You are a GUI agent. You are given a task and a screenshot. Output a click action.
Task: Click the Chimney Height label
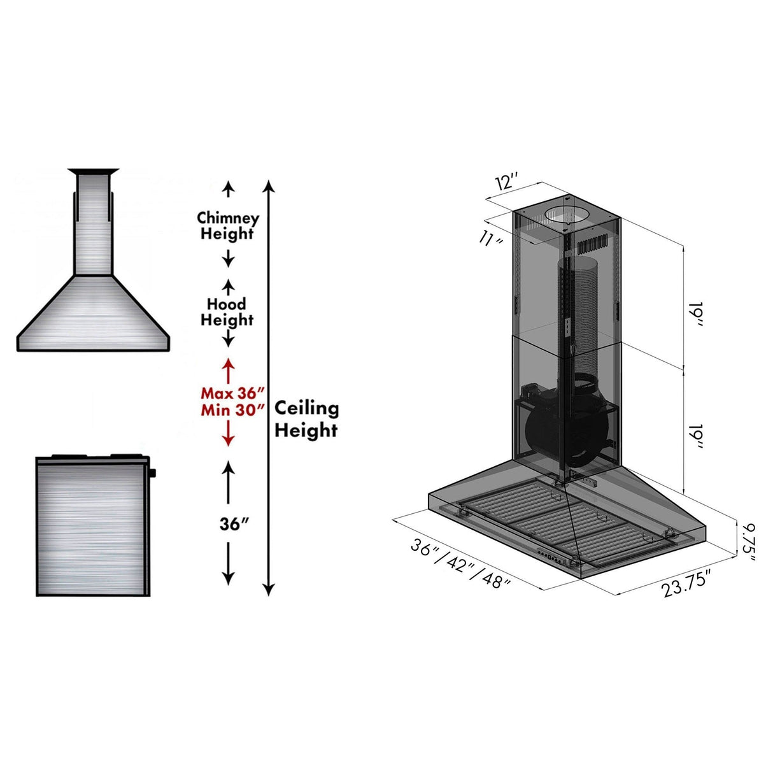[228, 226]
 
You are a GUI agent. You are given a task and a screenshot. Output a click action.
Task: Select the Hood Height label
[227, 312]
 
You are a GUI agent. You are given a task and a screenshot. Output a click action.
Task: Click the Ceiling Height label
[306, 419]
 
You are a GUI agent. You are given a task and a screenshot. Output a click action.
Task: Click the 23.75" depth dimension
[686, 584]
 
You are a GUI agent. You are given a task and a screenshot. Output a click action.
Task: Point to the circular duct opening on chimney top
[567, 215]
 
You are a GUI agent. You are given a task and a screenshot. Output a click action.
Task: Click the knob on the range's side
[153, 473]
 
